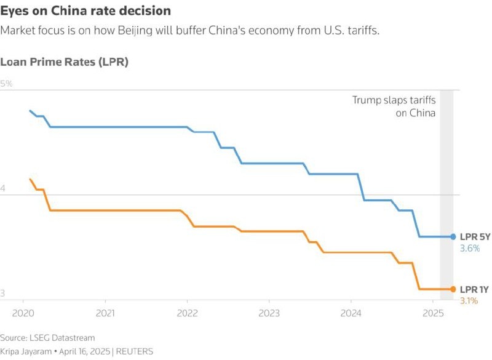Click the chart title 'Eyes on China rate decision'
click(85, 12)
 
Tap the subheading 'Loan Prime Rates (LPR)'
click(64, 62)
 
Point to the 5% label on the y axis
click(7, 84)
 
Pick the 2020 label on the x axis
click(23, 313)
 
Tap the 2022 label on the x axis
click(187, 313)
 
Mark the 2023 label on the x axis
click(269, 313)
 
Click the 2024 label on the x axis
click(351, 313)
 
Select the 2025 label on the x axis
click(432, 313)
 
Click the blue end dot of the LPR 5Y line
click(453, 236)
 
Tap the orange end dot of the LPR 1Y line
click(453, 289)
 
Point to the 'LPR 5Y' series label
click(475, 237)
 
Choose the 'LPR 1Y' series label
click(474, 289)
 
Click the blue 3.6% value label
click(469, 248)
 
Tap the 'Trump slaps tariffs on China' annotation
click(394, 106)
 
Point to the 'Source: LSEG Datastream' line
click(48, 338)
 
